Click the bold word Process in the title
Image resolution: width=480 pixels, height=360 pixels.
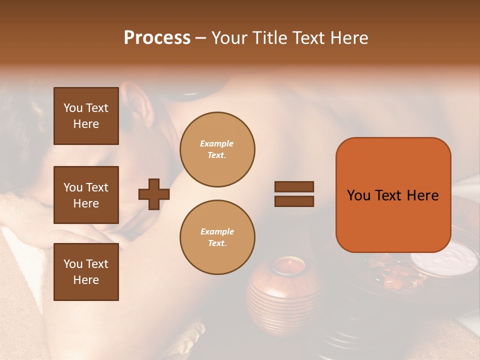click(157, 38)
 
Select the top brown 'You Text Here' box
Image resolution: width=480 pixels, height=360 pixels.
click(86, 116)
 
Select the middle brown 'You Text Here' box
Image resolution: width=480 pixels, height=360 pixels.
click(86, 195)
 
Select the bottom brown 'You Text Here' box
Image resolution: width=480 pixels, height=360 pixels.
click(86, 272)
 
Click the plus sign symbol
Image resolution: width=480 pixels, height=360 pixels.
click(154, 194)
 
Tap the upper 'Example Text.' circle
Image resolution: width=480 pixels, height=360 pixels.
click(217, 149)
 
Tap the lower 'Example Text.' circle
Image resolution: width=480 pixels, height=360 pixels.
click(217, 237)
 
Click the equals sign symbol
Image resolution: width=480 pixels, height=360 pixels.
click(294, 194)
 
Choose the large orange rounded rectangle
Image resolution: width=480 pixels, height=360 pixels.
click(393, 195)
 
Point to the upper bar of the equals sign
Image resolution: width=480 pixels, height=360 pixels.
click(294, 187)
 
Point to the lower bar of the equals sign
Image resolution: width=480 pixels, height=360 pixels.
click(294, 201)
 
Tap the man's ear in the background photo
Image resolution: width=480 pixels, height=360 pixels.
click(136, 102)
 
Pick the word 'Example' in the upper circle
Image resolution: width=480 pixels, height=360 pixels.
click(216, 144)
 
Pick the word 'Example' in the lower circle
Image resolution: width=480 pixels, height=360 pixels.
click(217, 232)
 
